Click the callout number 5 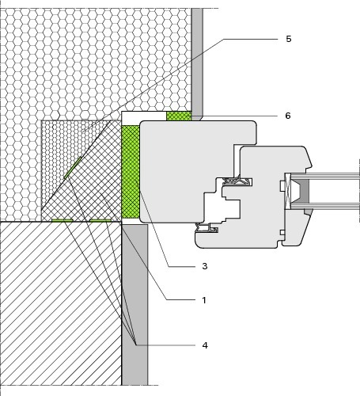(289, 39)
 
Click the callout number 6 (288, 116)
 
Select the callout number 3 (205, 266)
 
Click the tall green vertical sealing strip (131, 172)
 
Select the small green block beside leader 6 (179, 116)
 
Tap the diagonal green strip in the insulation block (73, 168)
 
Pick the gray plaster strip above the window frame (197, 63)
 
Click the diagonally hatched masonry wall (61, 303)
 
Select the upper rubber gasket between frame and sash (236, 181)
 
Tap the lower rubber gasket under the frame (207, 228)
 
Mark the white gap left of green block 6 (144, 116)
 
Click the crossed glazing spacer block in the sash (287, 192)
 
